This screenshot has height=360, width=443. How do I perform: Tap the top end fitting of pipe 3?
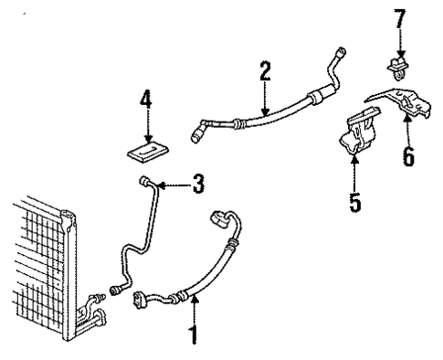coord(145,183)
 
